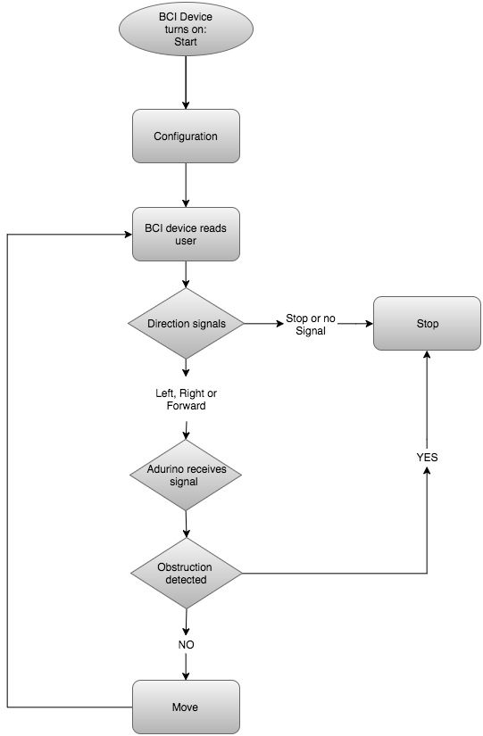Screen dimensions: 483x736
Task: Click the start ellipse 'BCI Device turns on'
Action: point(186,29)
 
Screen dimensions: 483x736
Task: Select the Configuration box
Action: point(186,136)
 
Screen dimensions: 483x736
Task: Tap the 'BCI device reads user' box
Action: point(186,235)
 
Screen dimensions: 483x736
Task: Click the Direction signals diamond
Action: point(186,324)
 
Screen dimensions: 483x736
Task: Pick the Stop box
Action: point(427,324)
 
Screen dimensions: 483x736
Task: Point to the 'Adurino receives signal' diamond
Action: point(186,475)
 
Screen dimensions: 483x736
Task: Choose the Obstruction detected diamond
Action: point(186,573)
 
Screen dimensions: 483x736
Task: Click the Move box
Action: point(186,707)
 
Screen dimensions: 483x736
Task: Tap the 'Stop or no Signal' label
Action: point(311,325)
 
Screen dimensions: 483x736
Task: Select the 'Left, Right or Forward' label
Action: point(186,400)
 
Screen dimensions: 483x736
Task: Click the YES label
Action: point(427,457)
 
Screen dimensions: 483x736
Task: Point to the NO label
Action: point(186,644)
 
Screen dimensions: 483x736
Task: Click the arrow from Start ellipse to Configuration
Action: point(186,83)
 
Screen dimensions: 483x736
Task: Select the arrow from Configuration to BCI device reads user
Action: point(186,186)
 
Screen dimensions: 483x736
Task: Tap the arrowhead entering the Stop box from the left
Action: point(370,324)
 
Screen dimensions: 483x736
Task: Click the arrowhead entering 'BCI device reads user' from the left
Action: point(129,235)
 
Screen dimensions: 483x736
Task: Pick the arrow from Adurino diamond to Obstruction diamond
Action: point(186,525)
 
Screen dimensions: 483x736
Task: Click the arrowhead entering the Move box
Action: point(186,676)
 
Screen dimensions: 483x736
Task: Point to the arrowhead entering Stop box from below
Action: point(427,354)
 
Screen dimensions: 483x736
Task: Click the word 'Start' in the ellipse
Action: point(186,42)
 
